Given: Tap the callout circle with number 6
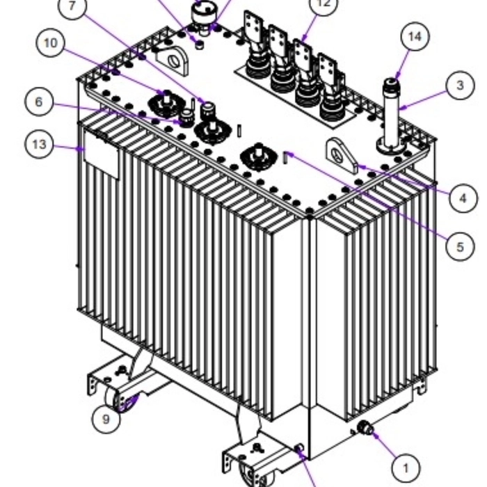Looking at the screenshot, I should pyautogui.click(x=38, y=102).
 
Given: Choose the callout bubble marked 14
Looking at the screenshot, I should pyautogui.click(x=415, y=37).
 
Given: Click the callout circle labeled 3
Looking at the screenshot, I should pyautogui.click(x=460, y=86).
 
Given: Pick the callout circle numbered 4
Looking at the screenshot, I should pyautogui.click(x=463, y=198).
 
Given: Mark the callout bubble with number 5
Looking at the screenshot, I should pyautogui.click(x=460, y=246).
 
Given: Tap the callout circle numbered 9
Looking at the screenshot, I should pyautogui.click(x=106, y=419).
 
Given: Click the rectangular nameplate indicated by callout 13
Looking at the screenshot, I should pyautogui.click(x=101, y=160).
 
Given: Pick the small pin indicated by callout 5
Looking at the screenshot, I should pyautogui.click(x=285, y=158).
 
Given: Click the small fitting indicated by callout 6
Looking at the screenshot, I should pyautogui.click(x=186, y=118).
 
